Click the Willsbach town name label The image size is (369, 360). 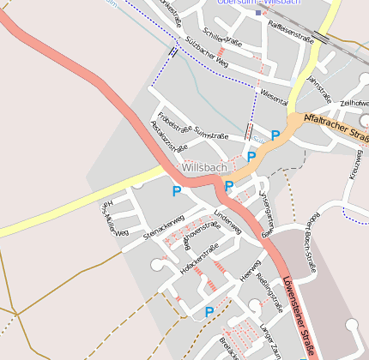click(x=203, y=168)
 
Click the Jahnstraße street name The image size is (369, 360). click(x=318, y=89)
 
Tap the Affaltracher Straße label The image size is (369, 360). click(x=336, y=129)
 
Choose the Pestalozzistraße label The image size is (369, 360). click(x=165, y=137)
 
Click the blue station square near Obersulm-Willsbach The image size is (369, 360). click(x=257, y=13)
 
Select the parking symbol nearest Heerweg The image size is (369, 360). click(x=209, y=312)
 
